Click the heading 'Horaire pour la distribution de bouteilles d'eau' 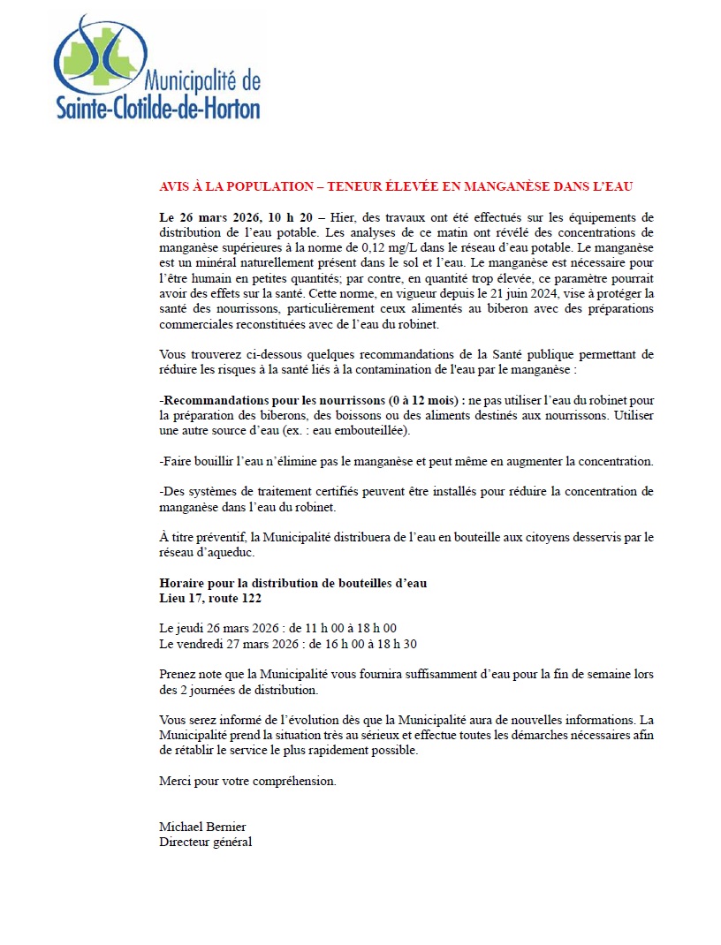(292, 584)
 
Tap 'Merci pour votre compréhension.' (247, 782)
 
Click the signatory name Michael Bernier (202, 827)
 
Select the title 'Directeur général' (205, 842)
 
